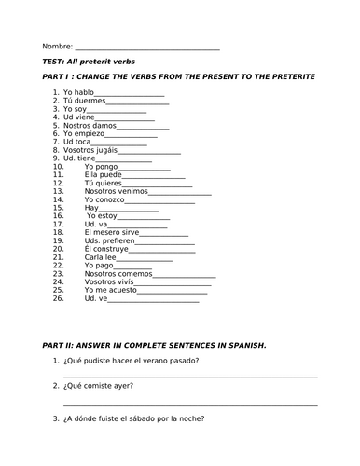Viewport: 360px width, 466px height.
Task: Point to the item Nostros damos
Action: pyautogui.click(x=91, y=124)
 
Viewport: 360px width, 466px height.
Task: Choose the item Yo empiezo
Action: pyautogui.click(x=85, y=132)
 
